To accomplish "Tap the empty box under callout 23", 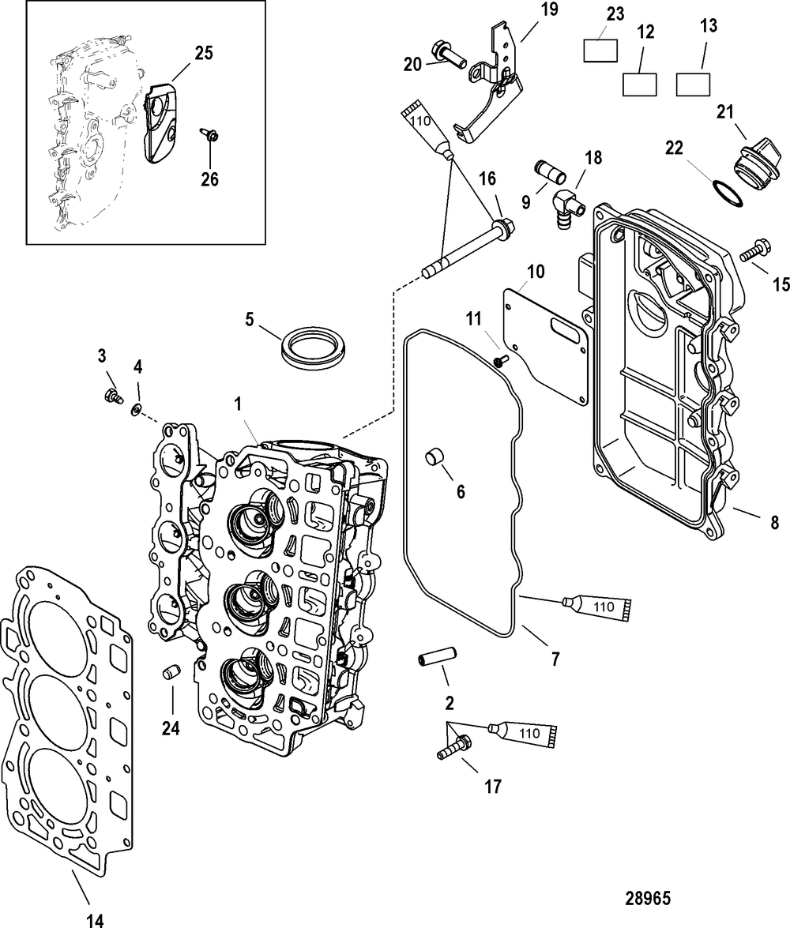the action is [x=600, y=50].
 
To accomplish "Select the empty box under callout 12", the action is [x=640, y=84].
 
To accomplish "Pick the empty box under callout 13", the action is [x=693, y=84].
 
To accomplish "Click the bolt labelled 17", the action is [x=453, y=747].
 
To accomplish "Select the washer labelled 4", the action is [x=137, y=408].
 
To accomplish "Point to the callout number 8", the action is [x=774, y=522].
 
